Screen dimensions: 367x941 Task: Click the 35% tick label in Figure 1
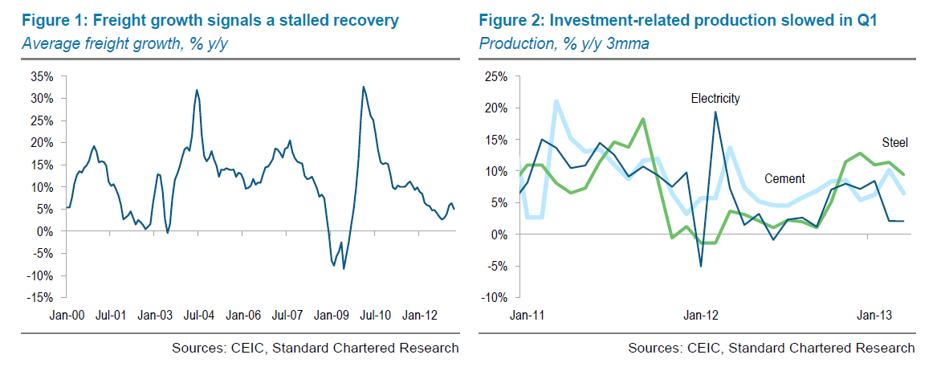(x=42, y=76)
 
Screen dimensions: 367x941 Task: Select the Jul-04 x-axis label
(x=197, y=315)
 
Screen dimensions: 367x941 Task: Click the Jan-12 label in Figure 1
(x=419, y=315)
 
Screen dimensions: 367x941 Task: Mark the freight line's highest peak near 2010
(x=363, y=87)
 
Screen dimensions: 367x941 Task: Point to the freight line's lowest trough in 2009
(x=344, y=268)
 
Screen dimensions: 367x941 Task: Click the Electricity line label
(x=715, y=99)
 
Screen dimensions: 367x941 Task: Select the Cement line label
(x=784, y=178)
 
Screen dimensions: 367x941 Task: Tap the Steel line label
(x=895, y=142)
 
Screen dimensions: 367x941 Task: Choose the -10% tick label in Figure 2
(x=494, y=297)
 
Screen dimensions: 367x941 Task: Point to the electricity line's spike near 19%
(x=715, y=112)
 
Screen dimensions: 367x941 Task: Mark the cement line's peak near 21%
(x=556, y=100)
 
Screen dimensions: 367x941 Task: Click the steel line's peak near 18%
(x=643, y=119)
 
